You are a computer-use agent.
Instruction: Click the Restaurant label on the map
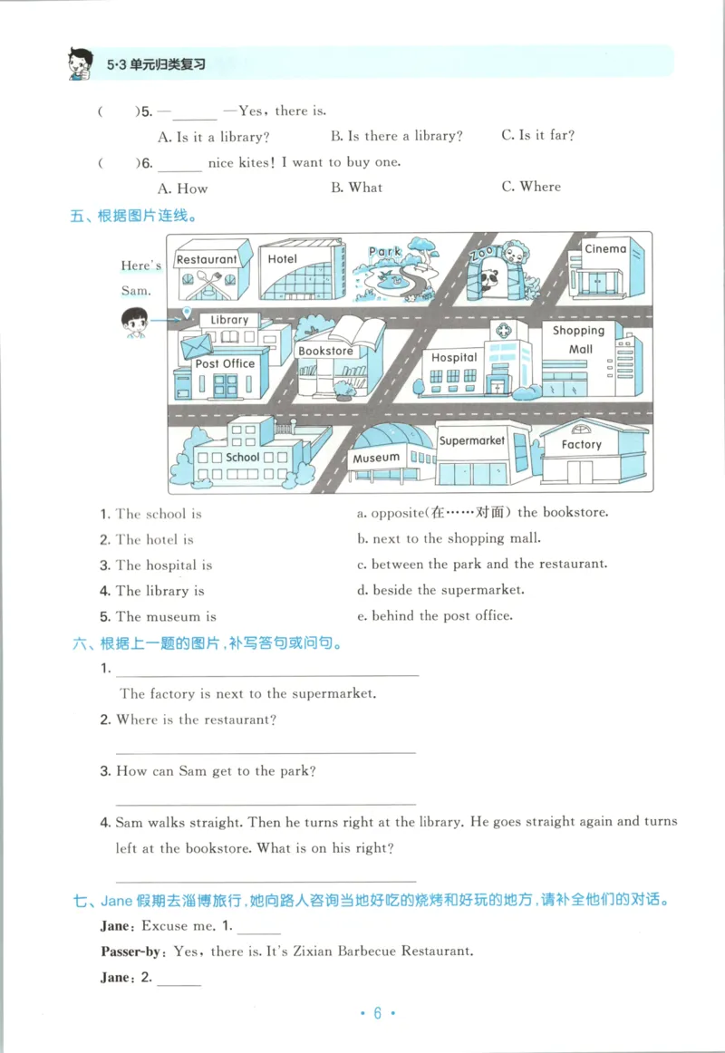[207, 259]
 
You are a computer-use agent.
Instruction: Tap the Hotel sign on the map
[283, 259]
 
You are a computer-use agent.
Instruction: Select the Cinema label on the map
[604, 249]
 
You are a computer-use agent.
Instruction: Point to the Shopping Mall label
[580, 340]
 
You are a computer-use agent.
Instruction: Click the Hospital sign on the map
[454, 357]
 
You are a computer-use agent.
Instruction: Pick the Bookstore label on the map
[325, 351]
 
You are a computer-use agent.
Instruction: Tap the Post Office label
[226, 363]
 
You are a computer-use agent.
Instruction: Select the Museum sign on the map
[376, 458]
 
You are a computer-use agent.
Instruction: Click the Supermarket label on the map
[472, 440]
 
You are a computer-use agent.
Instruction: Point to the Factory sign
[581, 444]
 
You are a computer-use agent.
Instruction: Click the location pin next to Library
[187, 314]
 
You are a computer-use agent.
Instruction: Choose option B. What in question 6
[356, 188]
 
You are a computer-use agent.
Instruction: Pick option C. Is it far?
[537, 135]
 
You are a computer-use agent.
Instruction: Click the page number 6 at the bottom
[377, 1013]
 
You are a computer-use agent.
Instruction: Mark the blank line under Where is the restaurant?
[266, 752]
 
